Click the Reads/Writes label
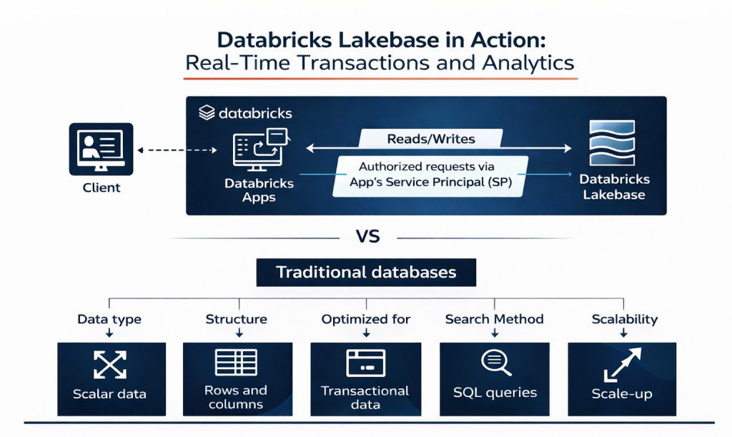click(430, 139)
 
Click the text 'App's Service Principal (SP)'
click(430, 182)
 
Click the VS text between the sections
click(365, 237)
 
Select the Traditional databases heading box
click(366, 272)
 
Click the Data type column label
click(109, 319)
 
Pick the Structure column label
click(236, 319)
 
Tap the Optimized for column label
click(365, 319)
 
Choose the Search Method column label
click(494, 319)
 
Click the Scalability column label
click(624, 319)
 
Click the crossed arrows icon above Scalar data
click(110, 365)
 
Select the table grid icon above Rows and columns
click(236, 362)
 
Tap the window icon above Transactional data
click(365, 363)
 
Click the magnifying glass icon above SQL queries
click(495, 363)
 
